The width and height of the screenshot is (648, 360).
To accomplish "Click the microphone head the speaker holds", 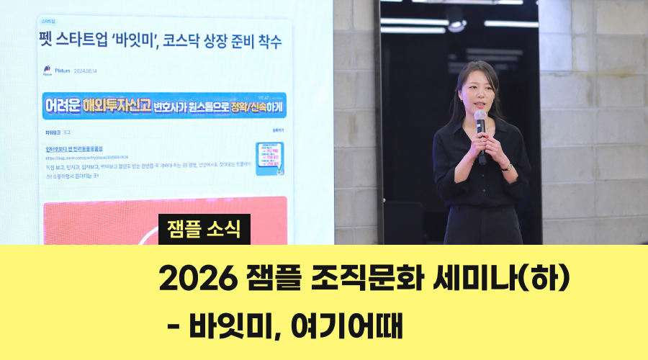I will [x=480, y=117].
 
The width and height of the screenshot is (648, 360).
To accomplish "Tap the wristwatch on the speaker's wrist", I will [x=508, y=166].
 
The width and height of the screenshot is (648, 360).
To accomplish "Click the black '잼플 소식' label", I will [x=204, y=229].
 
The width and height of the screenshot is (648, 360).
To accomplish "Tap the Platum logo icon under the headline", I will [x=48, y=71].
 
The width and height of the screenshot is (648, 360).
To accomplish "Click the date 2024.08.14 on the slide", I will [x=85, y=71].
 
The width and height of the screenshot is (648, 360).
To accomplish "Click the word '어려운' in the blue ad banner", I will [x=61, y=106].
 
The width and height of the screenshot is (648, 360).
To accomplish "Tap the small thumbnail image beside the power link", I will [x=269, y=158].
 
